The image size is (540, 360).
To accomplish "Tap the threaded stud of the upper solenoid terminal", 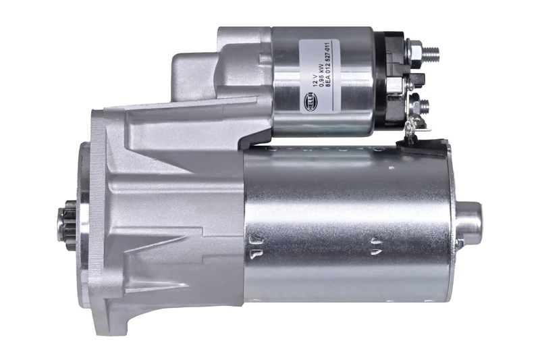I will pos(431,51).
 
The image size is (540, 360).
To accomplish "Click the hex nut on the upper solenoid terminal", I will pos(414,51).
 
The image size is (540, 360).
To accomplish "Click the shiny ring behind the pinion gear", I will pos(83,228).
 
